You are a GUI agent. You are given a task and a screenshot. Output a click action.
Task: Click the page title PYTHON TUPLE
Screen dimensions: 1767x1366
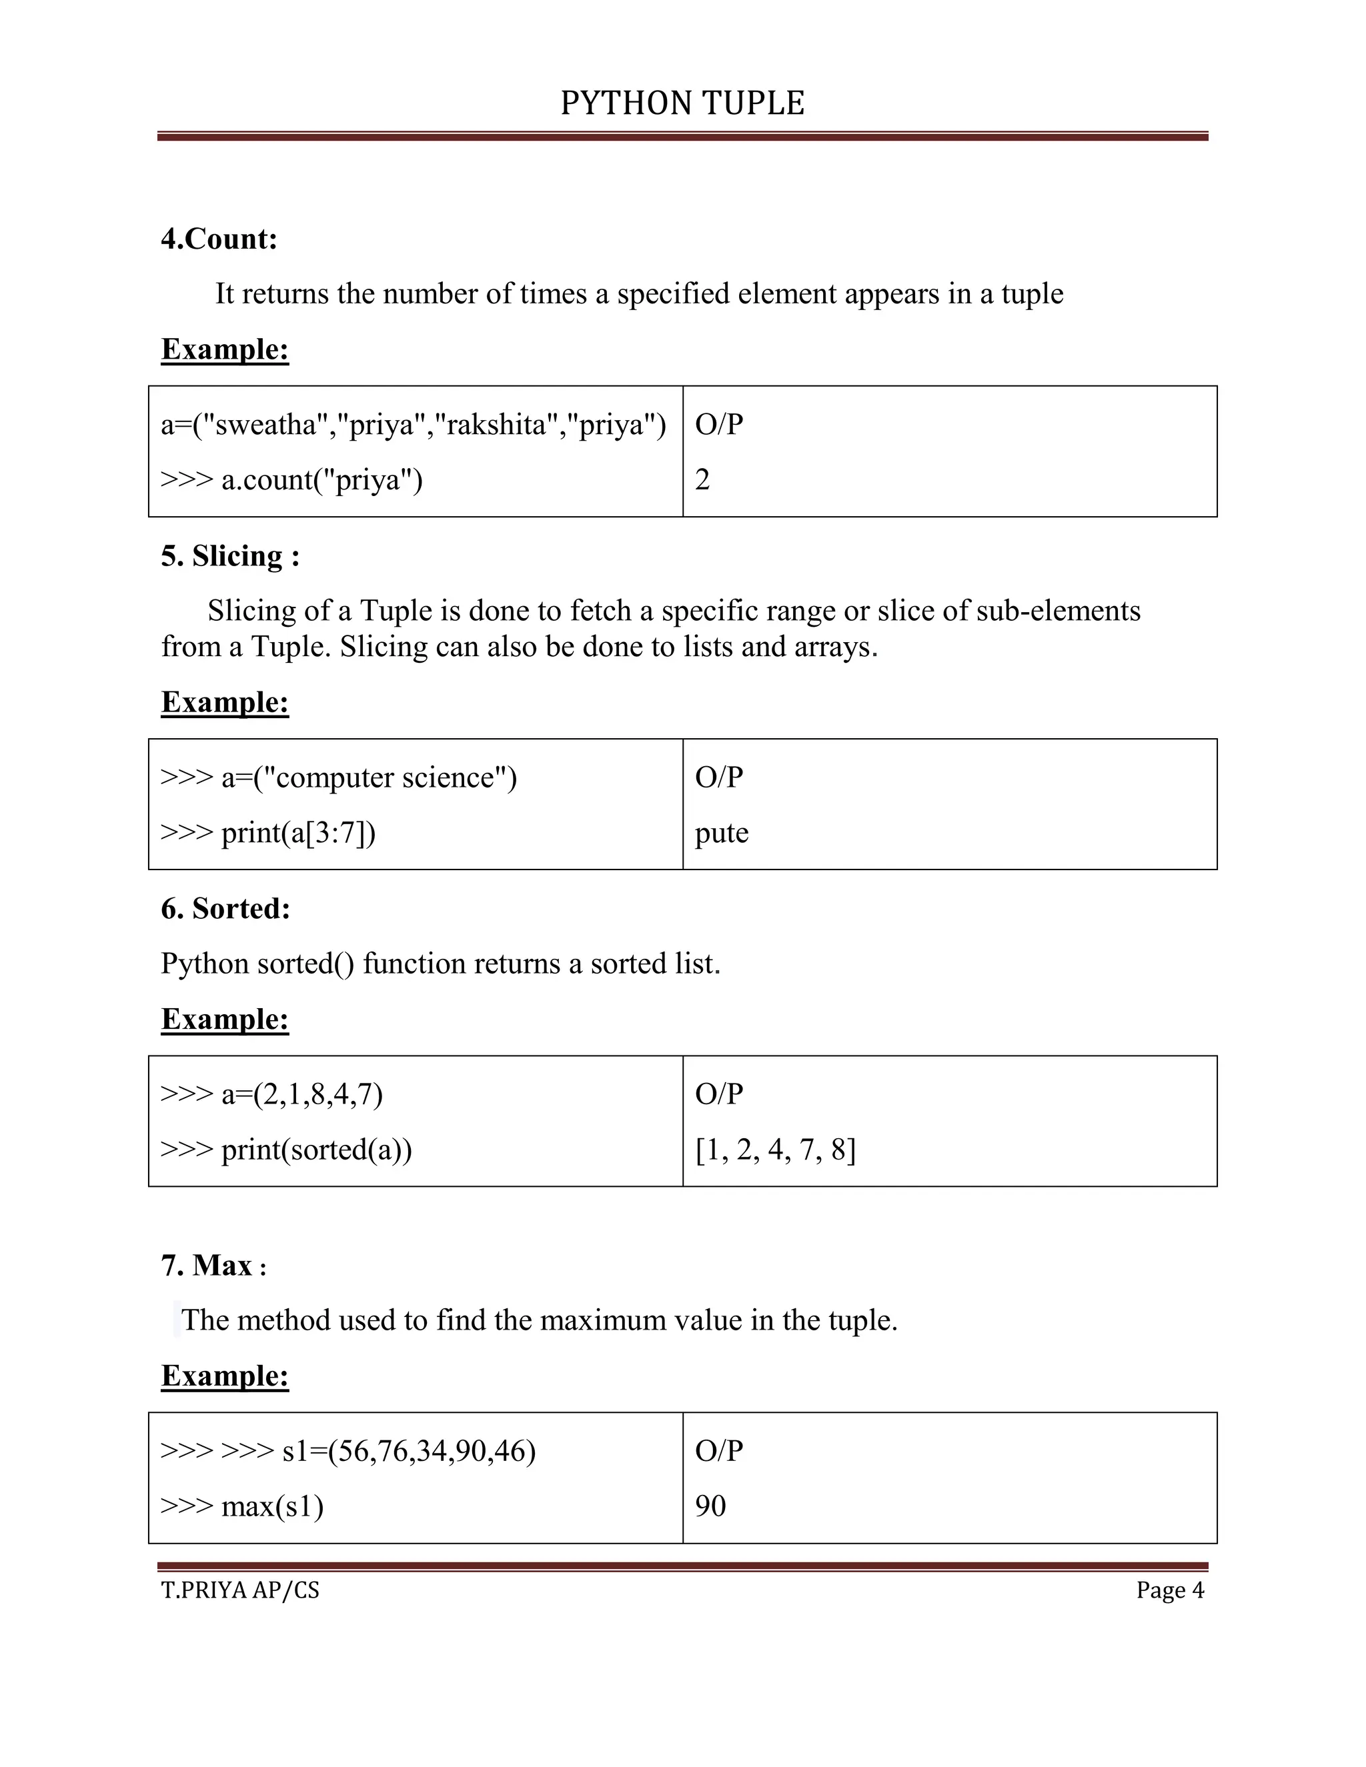tap(682, 103)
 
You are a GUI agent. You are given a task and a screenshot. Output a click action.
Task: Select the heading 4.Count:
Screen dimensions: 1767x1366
tap(219, 239)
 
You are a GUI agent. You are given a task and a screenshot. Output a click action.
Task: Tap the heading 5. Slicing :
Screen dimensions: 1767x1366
tap(230, 557)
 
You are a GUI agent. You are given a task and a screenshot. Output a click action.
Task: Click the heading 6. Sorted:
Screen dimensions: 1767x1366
tap(225, 910)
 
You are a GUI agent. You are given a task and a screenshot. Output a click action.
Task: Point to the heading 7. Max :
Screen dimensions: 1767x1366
tap(213, 1266)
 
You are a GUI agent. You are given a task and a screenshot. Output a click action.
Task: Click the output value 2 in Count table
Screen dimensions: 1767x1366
tap(702, 481)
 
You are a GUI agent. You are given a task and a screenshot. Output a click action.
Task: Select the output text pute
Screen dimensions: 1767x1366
tap(721, 833)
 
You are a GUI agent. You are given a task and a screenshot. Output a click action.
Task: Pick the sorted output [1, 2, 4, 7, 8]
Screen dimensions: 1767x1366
tap(775, 1150)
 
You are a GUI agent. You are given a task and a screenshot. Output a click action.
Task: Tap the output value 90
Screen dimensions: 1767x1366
tap(710, 1506)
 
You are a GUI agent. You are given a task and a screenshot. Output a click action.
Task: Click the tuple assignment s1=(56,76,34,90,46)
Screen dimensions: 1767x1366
tap(409, 1451)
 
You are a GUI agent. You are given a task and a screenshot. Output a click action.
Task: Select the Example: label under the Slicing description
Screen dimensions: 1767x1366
tap(225, 702)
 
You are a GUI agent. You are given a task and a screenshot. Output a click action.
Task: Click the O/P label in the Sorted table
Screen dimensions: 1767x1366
tap(718, 1094)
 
